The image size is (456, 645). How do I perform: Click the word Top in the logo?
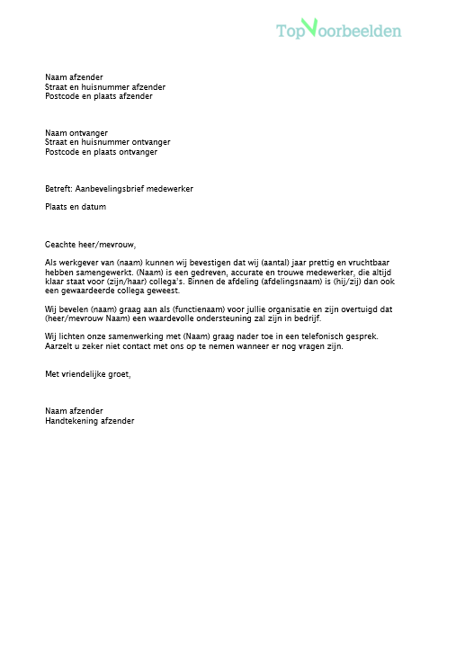291,31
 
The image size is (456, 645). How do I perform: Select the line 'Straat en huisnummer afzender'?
105,87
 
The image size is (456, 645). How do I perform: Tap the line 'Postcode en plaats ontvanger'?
101,152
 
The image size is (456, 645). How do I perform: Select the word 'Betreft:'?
58,189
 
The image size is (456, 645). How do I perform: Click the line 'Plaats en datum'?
76,207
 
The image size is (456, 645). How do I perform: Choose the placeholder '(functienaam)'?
181,309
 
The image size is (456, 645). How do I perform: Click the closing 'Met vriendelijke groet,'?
88,373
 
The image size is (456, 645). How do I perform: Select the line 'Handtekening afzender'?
90,419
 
